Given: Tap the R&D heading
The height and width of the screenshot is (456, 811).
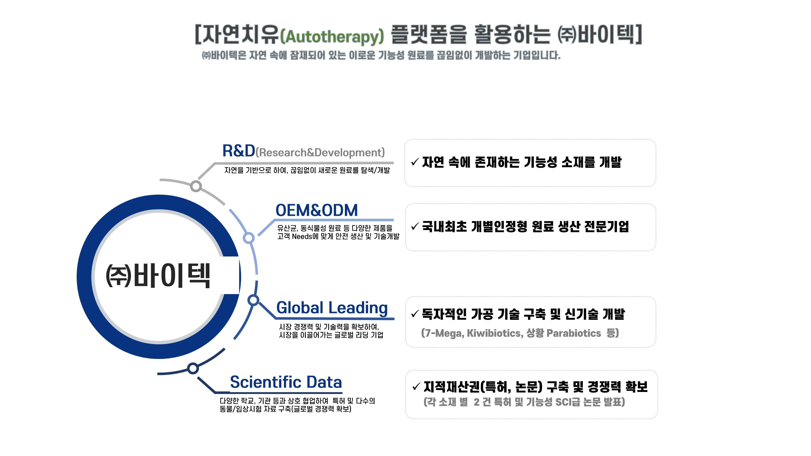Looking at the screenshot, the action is (x=239, y=151).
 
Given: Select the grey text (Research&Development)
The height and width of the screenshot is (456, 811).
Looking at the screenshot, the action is (x=320, y=153).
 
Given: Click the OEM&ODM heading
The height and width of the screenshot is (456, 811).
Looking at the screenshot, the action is (x=317, y=210).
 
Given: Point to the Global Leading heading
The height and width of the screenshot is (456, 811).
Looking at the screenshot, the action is (x=332, y=308).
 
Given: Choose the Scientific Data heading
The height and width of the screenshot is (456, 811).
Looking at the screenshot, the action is (x=286, y=382).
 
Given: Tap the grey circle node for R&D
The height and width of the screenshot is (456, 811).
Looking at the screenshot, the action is (x=196, y=186).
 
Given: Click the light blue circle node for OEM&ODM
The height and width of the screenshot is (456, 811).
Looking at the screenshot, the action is (x=249, y=238).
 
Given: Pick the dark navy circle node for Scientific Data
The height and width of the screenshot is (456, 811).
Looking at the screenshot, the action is (x=193, y=368).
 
